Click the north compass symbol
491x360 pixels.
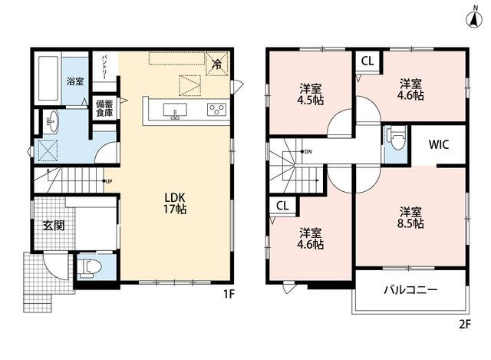coord(475,18)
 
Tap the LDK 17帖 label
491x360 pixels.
coord(175,203)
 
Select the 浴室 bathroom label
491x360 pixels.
coord(75,82)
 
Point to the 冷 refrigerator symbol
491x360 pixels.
coord(216,64)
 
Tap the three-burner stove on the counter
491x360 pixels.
coord(216,110)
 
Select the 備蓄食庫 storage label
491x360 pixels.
coord(104,108)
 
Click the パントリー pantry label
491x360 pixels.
coord(104,67)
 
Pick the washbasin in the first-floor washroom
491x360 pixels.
coord(52,122)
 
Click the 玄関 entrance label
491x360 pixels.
coord(54,226)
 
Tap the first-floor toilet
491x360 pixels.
coord(91,268)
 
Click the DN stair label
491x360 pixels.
coord(308,152)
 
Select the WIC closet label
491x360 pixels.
coord(439,144)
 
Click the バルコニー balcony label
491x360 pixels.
coord(410,290)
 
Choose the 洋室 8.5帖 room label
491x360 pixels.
coord(411,217)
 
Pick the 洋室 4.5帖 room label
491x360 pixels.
coord(310,94)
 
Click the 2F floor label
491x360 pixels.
coord(465,324)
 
